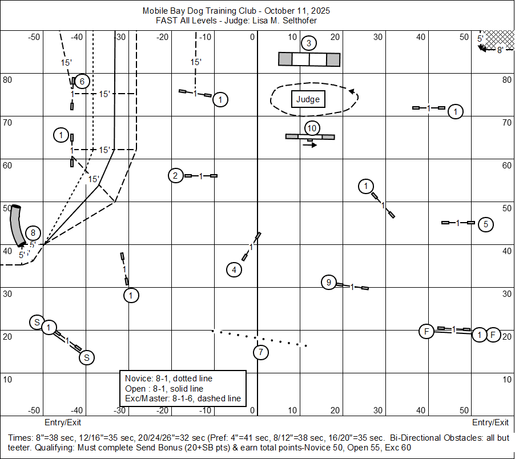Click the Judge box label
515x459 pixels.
point(308,99)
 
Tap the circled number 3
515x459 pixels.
point(308,43)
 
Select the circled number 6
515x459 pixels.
point(82,81)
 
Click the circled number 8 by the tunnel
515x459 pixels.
point(33,233)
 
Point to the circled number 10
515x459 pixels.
point(311,127)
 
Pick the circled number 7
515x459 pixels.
point(260,352)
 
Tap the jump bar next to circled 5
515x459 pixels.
point(458,223)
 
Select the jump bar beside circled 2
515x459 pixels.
point(201,176)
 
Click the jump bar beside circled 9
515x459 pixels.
point(352,286)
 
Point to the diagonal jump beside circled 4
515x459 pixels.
point(251,247)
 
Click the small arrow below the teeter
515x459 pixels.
point(310,145)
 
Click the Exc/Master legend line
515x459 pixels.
point(183,398)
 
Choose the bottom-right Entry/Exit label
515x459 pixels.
point(490,422)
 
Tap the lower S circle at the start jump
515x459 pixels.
point(86,357)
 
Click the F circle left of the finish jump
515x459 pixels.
point(427,331)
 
